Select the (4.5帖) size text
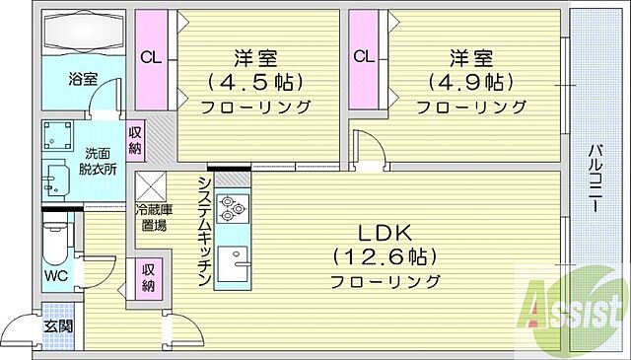(x=254, y=81)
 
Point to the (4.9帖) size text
(x=465, y=81)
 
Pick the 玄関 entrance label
(x=55, y=326)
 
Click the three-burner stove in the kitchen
(x=232, y=209)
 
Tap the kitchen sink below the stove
(x=234, y=262)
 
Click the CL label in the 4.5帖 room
(x=151, y=56)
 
